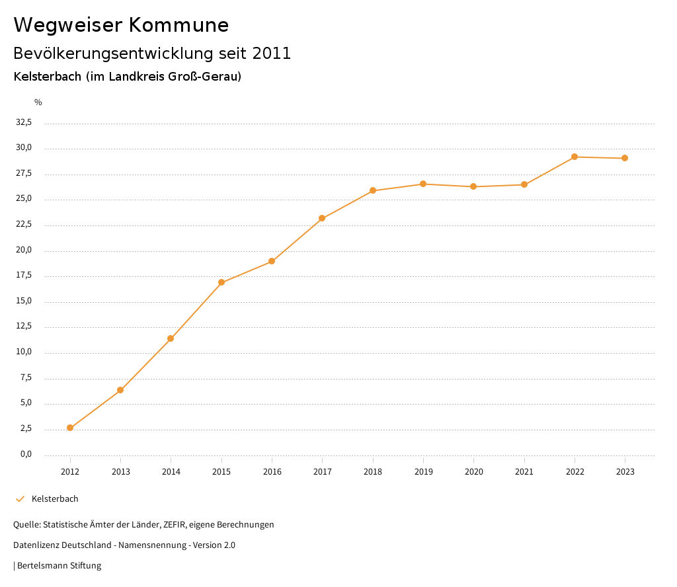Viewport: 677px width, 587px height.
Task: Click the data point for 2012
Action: click(70, 428)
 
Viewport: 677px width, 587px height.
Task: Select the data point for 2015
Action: click(221, 282)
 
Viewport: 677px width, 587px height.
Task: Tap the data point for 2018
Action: click(373, 190)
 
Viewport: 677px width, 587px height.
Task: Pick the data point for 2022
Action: click(575, 157)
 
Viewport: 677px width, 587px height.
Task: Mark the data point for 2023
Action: click(625, 158)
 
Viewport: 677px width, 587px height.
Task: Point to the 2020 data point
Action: click(473, 186)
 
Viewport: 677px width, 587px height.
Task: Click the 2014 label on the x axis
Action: click(171, 471)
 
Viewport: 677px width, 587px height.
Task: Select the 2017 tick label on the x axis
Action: click(323, 471)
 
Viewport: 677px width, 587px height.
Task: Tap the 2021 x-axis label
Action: click(524, 471)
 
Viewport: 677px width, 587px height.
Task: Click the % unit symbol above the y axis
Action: click(38, 102)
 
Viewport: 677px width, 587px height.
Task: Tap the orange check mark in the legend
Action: click(20, 498)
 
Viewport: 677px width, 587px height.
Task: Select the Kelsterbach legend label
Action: click(55, 498)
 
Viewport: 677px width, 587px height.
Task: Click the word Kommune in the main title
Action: click(179, 25)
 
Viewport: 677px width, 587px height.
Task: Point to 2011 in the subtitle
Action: click(272, 54)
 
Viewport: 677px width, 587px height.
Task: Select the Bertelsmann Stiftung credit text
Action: click(59, 565)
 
